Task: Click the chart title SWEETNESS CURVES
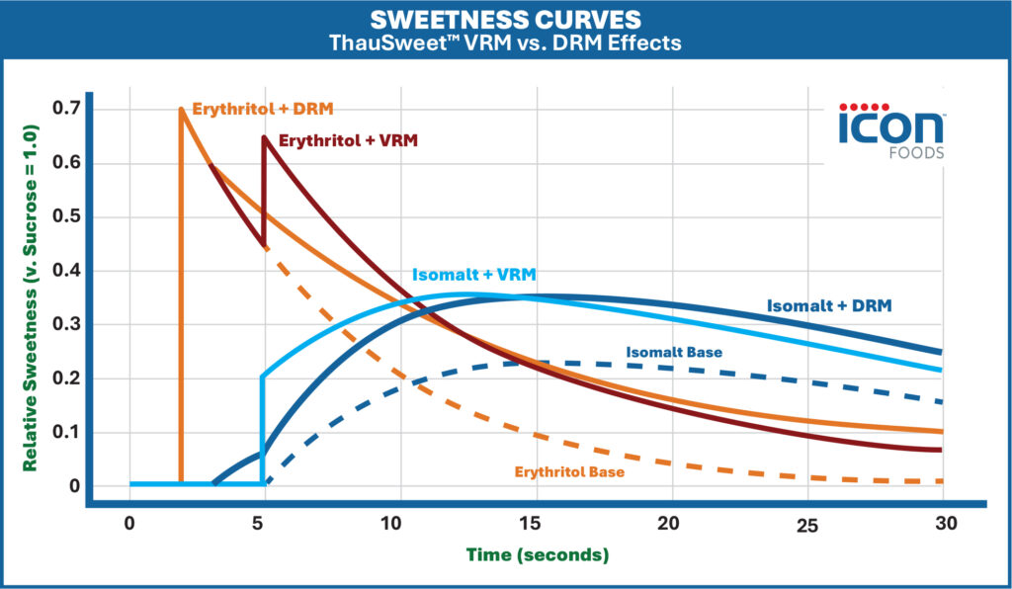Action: tap(506, 20)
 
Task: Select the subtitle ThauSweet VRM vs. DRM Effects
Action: tap(506, 43)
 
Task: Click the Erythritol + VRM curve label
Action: tap(348, 140)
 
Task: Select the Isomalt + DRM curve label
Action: tap(829, 305)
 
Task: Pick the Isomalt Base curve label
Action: tap(673, 352)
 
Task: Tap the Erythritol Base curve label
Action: tap(569, 472)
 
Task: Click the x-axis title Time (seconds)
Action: tap(538, 554)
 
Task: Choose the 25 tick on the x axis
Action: tap(807, 525)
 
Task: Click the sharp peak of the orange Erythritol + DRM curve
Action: tap(181, 109)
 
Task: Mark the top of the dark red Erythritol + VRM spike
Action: tap(263, 136)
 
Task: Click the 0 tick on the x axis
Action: tap(129, 523)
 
